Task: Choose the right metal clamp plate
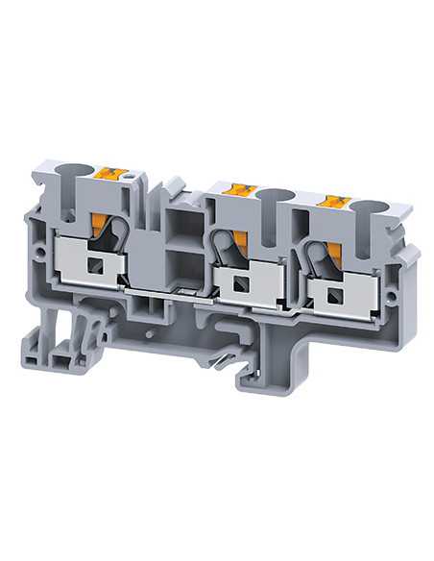[x=355, y=288]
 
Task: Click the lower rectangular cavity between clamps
[x=184, y=270]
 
